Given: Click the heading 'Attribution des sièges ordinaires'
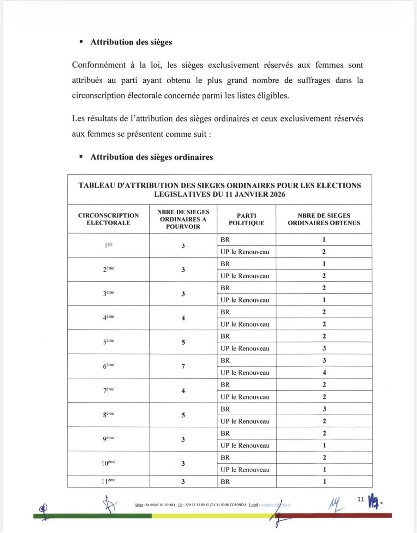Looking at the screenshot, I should pyautogui.click(x=151, y=157).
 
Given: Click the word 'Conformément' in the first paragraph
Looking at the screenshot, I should pyautogui.click(x=99, y=65).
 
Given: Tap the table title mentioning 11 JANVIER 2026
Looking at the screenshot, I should pyautogui.click(x=220, y=190).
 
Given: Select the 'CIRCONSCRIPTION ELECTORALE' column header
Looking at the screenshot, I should pyautogui.click(x=108, y=219).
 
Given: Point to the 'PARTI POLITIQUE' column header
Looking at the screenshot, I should pyautogui.click(x=246, y=219).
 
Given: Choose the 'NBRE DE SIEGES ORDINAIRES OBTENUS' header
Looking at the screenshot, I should pyautogui.click(x=324, y=219).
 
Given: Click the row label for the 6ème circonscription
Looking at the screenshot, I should pyautogui.click(x=108, y=366).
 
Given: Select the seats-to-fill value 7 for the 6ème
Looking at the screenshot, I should pyautogui.click(x=183, y=366).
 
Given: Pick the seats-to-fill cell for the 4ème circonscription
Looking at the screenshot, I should pyautogui.click(x=183, y=318).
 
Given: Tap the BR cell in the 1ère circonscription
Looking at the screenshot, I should pyautogui.click(x=225, y=240).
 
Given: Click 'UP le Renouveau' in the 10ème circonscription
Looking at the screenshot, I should pyautogui.click(x=245, y=470).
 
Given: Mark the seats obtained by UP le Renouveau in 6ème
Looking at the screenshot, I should pyautogui.click(x=324, y=373).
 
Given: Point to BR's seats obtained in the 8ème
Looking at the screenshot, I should pyautogui.click(x=324, y=409).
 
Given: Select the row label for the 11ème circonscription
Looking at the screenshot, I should pyautogui.click(x=108, y=481).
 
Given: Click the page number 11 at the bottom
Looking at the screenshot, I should pyautogui.click(x=361, y=499).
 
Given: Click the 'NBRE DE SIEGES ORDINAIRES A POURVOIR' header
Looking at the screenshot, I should pyautogui.click(x=183, y=219).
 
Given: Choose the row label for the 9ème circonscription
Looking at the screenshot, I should pyautogui.click(x=108, y=439).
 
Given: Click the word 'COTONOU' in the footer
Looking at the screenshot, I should pyautogui.click(x=238, y=505).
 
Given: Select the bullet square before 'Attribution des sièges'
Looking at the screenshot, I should pyautogui.click(x=81, y=42).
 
